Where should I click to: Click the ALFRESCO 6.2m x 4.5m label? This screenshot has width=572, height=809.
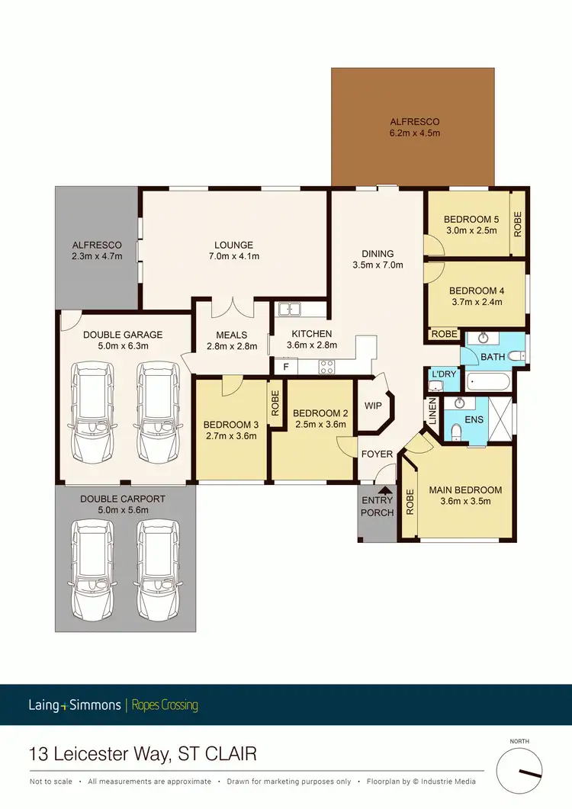pos(414,127)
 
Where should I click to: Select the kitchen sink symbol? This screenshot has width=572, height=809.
pos(290,310)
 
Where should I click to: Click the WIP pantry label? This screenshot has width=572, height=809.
pos(373,406)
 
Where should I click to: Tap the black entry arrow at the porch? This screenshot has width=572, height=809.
pos(385,490)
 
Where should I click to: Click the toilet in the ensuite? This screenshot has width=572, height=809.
pos(455,432)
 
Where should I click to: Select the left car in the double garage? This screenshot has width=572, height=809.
pos(92,412)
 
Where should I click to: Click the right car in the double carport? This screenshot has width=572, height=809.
pos(158,561)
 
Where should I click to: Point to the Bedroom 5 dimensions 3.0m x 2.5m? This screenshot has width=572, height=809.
pos(471,230)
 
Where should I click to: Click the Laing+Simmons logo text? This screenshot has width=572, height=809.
pos(74,705)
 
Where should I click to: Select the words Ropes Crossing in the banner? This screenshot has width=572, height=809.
pos(165,705)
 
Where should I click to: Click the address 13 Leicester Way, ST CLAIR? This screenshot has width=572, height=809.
pos(142,755)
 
